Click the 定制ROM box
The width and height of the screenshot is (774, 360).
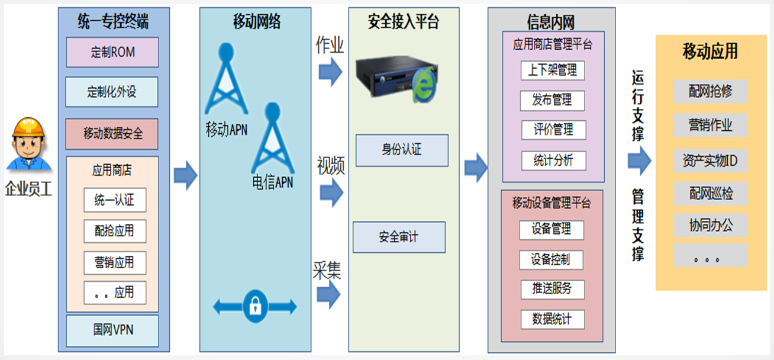112,52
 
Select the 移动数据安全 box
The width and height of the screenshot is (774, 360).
112,133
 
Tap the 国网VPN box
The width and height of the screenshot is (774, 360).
112,330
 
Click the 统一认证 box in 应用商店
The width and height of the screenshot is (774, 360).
115,200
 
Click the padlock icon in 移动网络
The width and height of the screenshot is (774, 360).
255,306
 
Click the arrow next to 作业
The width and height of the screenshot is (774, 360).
330,72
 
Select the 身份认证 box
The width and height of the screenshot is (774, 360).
402,150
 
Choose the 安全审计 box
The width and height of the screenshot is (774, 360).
399,237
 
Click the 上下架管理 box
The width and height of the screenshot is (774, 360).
553,70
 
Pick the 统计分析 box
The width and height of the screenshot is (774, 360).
553,160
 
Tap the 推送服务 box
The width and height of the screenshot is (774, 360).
553,289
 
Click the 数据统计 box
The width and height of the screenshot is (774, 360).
553,320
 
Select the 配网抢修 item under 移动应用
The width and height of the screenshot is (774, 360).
710,91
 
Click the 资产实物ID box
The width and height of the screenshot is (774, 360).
710,160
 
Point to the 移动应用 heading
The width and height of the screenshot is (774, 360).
710,52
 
